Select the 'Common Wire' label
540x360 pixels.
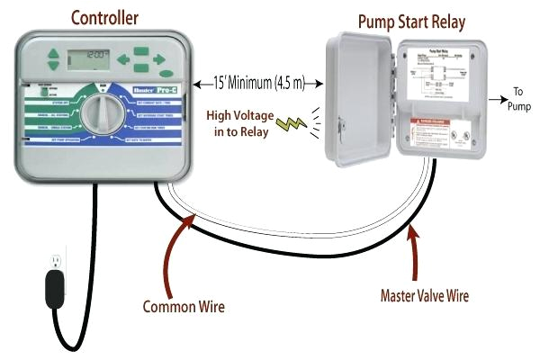184,306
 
